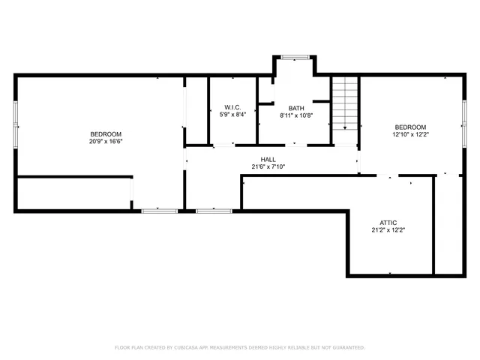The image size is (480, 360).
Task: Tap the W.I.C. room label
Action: pos(231,106)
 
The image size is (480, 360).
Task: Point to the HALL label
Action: pos(268,159)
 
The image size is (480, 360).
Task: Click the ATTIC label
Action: pos(388,223)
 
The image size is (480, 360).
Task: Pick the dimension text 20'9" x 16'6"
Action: pos(106,141)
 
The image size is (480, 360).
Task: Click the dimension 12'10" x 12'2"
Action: pos(410,134)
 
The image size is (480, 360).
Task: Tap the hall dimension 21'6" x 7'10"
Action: pos(268,166)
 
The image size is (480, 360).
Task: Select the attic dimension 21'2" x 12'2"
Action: pos(388,230)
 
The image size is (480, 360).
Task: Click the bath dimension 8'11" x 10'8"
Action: pos(295,115)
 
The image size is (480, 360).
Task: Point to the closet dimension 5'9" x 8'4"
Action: pos(231,115)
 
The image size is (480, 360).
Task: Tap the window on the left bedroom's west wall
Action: pos(15,123)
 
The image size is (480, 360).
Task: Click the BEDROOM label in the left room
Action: pos(106,133)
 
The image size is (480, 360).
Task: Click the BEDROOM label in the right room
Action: pos(410,127)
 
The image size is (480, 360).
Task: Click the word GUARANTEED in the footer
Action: pos(346,348)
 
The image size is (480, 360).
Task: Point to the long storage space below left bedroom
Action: pos(73,193)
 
